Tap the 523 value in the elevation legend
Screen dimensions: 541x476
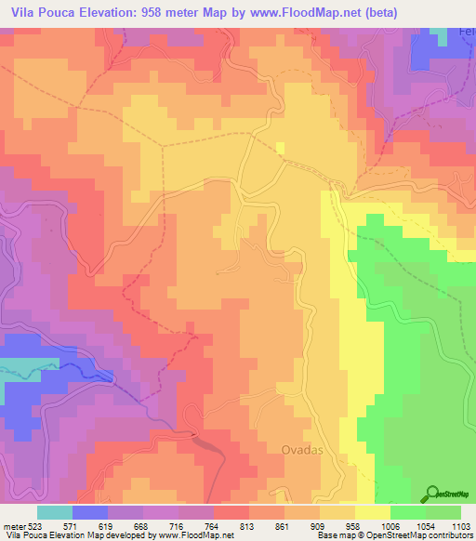(x=34, y=526)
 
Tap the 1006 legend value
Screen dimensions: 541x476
(x=390, y=526)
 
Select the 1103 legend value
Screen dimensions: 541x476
(x=461, y=526)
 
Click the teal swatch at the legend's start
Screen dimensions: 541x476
(x=55, y=512)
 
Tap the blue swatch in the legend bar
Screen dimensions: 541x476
(x=90, y=512)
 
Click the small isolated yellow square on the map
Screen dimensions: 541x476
(x=281, y=146)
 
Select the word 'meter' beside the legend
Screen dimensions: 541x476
(x=13, y=526)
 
